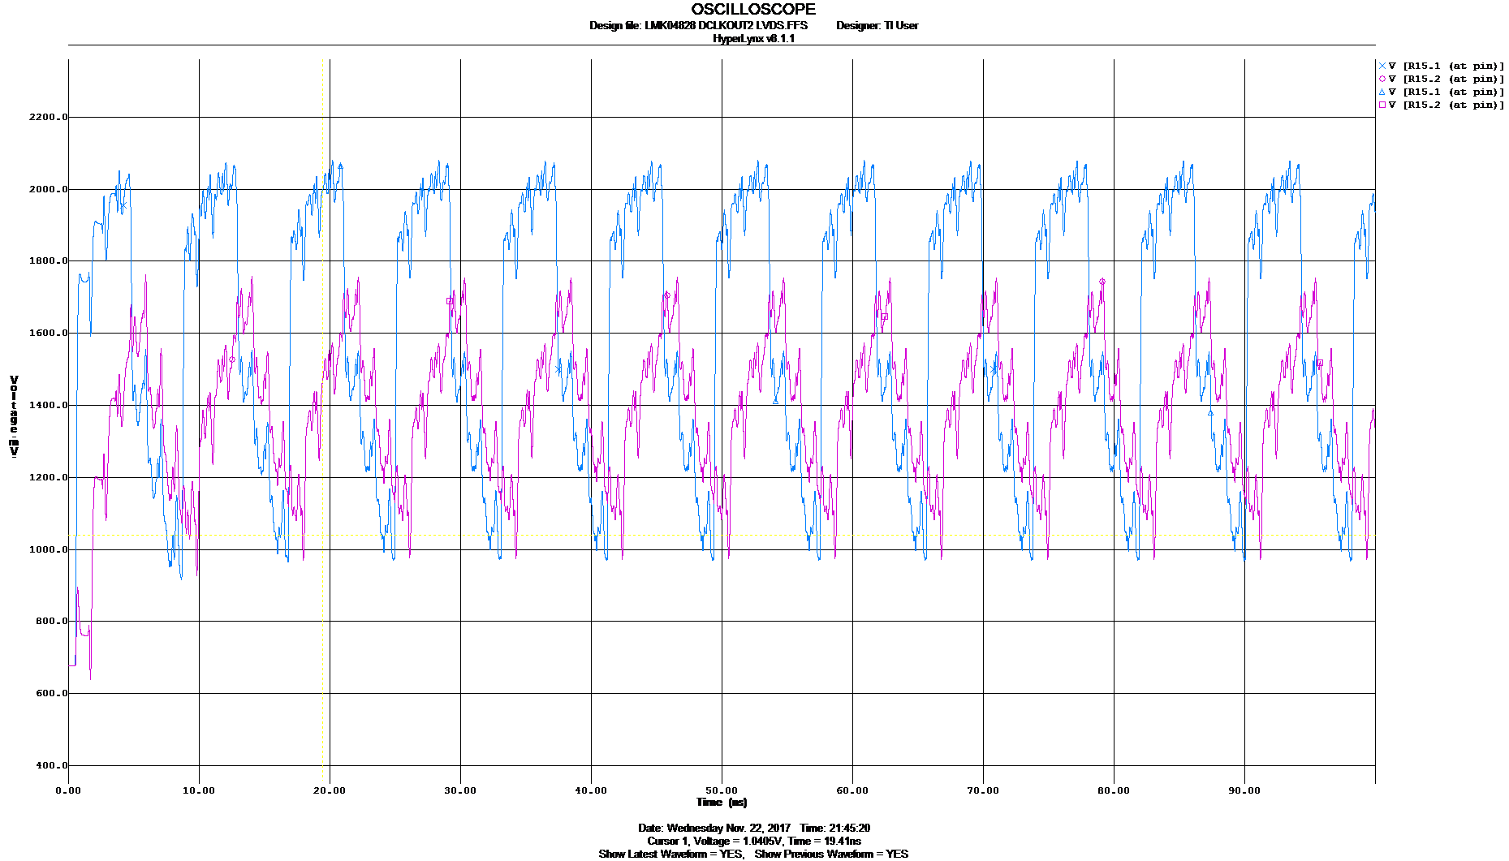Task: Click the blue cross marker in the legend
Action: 1382,66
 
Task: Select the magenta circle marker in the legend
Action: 1382,79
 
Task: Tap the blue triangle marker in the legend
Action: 1382,92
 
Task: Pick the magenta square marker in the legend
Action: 1382,105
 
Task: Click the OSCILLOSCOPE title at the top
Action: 752,9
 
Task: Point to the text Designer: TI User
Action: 877,25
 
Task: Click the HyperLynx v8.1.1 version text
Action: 753,38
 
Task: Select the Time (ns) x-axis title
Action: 722,802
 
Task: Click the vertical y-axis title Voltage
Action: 14,413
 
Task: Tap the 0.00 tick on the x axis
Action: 69,790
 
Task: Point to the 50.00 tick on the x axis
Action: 722,790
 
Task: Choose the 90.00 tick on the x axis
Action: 1244,790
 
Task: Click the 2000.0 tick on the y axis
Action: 49,188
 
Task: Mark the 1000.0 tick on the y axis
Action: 49,549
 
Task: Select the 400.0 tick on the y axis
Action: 49,765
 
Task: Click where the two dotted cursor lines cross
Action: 323,535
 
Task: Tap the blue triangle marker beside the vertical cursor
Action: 340,166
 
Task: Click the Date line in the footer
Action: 753,828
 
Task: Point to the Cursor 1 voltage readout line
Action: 753,841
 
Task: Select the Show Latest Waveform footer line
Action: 753,854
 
